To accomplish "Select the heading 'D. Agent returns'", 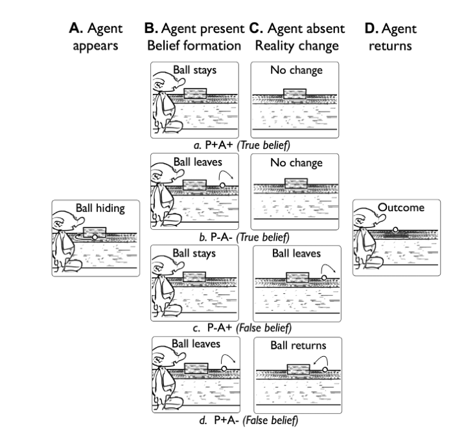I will (x=391, y=37).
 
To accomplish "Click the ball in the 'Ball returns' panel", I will (x=324, y=369).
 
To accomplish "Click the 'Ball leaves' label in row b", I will (x=194, y=162).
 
